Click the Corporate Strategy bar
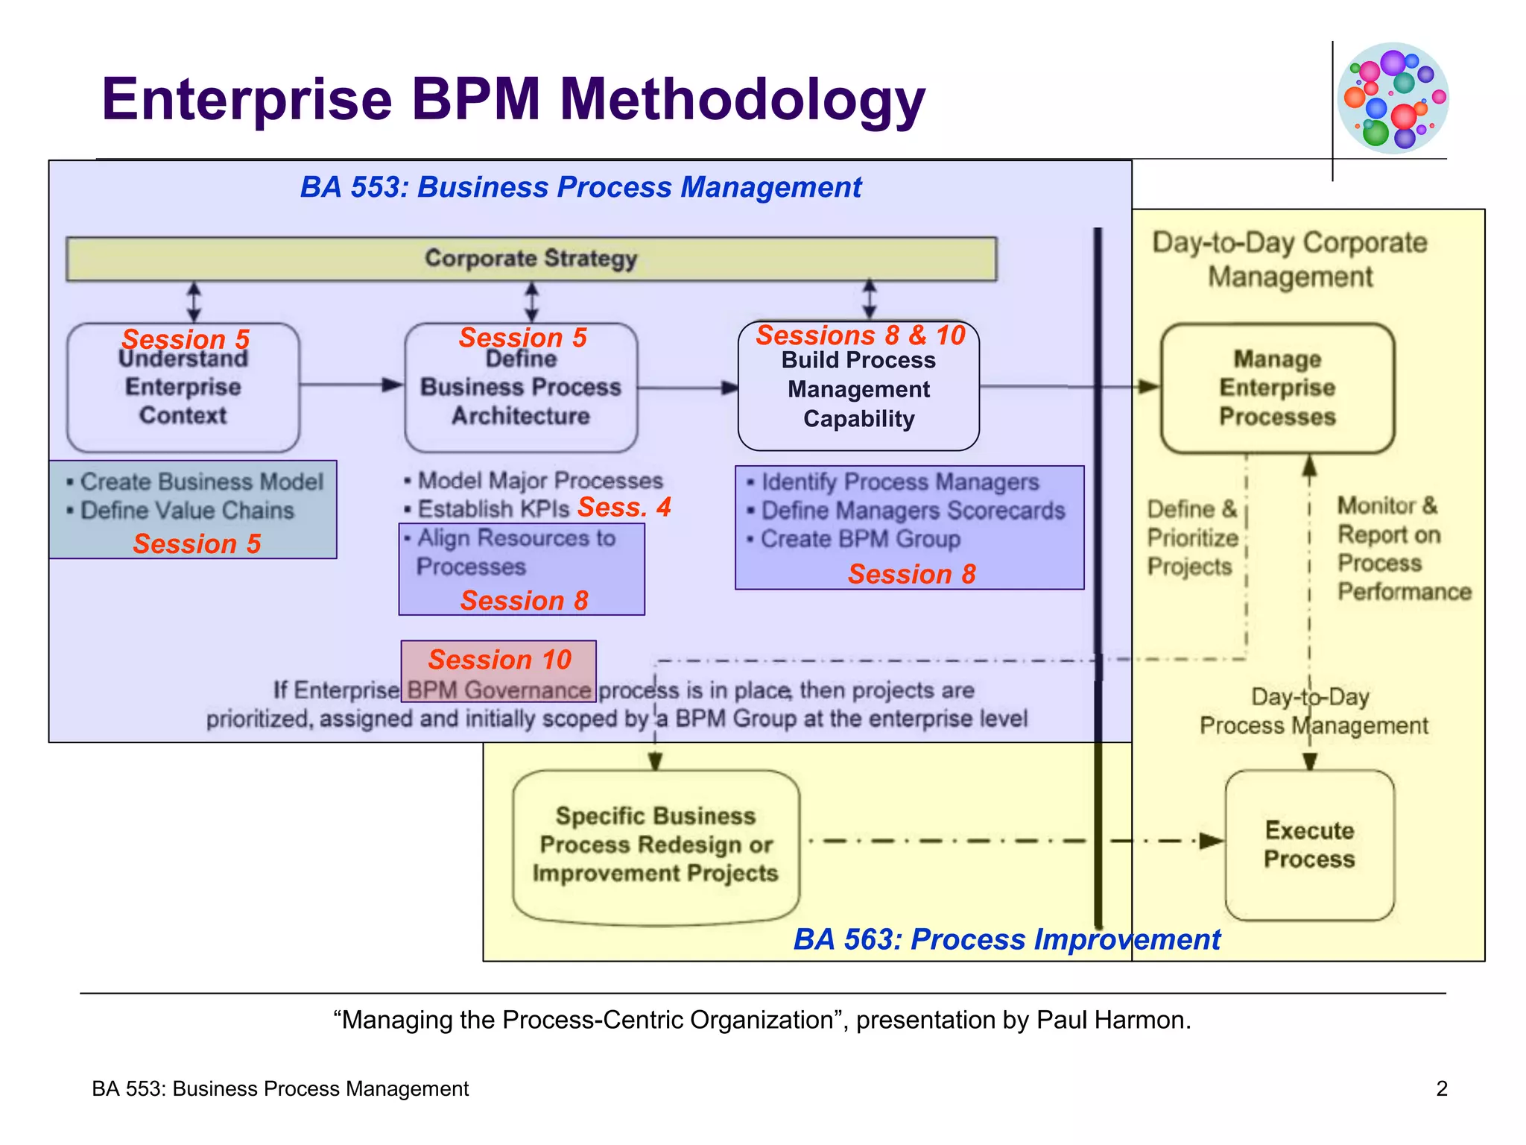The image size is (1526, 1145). pyautogui.click(x=531, y=259)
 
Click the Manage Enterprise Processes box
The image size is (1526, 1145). pyautogui.click(x=1277, y=388)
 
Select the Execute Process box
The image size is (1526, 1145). pyautogui.click(x=1309, y=845)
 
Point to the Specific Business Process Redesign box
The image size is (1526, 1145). pyautogui.click(x=656, y=845)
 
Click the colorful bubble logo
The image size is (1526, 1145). pyautogui.click(x=1393, y=98)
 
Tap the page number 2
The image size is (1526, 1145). pyautogui.click(x=1442, y=1088)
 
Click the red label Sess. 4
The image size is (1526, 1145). pyautogui.click(x=624, y=508)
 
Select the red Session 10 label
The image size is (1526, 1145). pyautogui.click(x=499, y=660)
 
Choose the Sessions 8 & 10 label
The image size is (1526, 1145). pyautogui.click(x=861, y=335)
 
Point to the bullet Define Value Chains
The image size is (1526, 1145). pyautogui.click(x=186, y=511)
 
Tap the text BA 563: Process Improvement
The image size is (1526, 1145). pyautogui.click(x=1006, y=939)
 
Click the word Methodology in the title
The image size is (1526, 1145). pyautogui.click(x=742, y=100)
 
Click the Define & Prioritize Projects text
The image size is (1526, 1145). pyautogui.click(x=1192, y=537)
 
